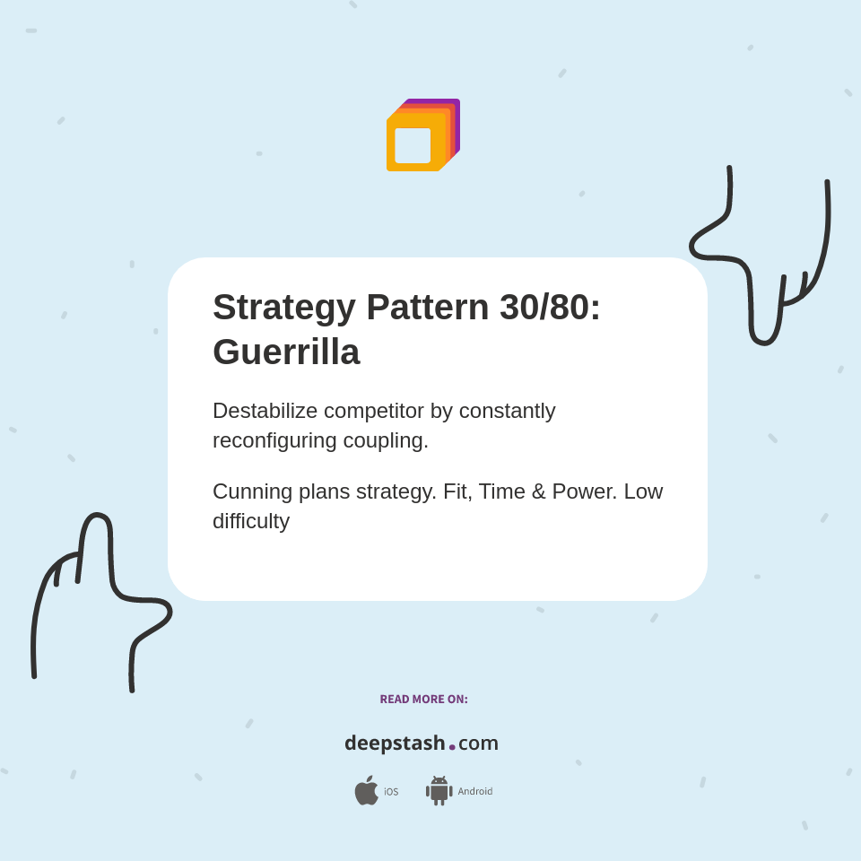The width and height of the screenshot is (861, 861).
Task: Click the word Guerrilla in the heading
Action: pos(286,352)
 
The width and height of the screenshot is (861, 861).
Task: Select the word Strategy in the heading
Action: pos(284,307)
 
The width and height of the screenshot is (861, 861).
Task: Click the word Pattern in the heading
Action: pos(428,307)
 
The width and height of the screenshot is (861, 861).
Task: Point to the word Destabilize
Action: pos(265,411)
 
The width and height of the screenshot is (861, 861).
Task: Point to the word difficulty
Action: pos(251,521)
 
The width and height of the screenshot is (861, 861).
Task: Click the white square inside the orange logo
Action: pos(413,145)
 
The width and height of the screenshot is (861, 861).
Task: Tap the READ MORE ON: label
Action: pos(423,700)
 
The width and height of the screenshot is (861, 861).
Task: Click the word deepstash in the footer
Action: pos(395,743)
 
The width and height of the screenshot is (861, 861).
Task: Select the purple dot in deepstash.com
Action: pos(452,747)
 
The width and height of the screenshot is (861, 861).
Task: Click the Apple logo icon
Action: pos(366,791)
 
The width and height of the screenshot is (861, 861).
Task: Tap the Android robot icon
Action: pos(439,791)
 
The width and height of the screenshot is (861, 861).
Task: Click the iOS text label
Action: pos(391,792)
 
